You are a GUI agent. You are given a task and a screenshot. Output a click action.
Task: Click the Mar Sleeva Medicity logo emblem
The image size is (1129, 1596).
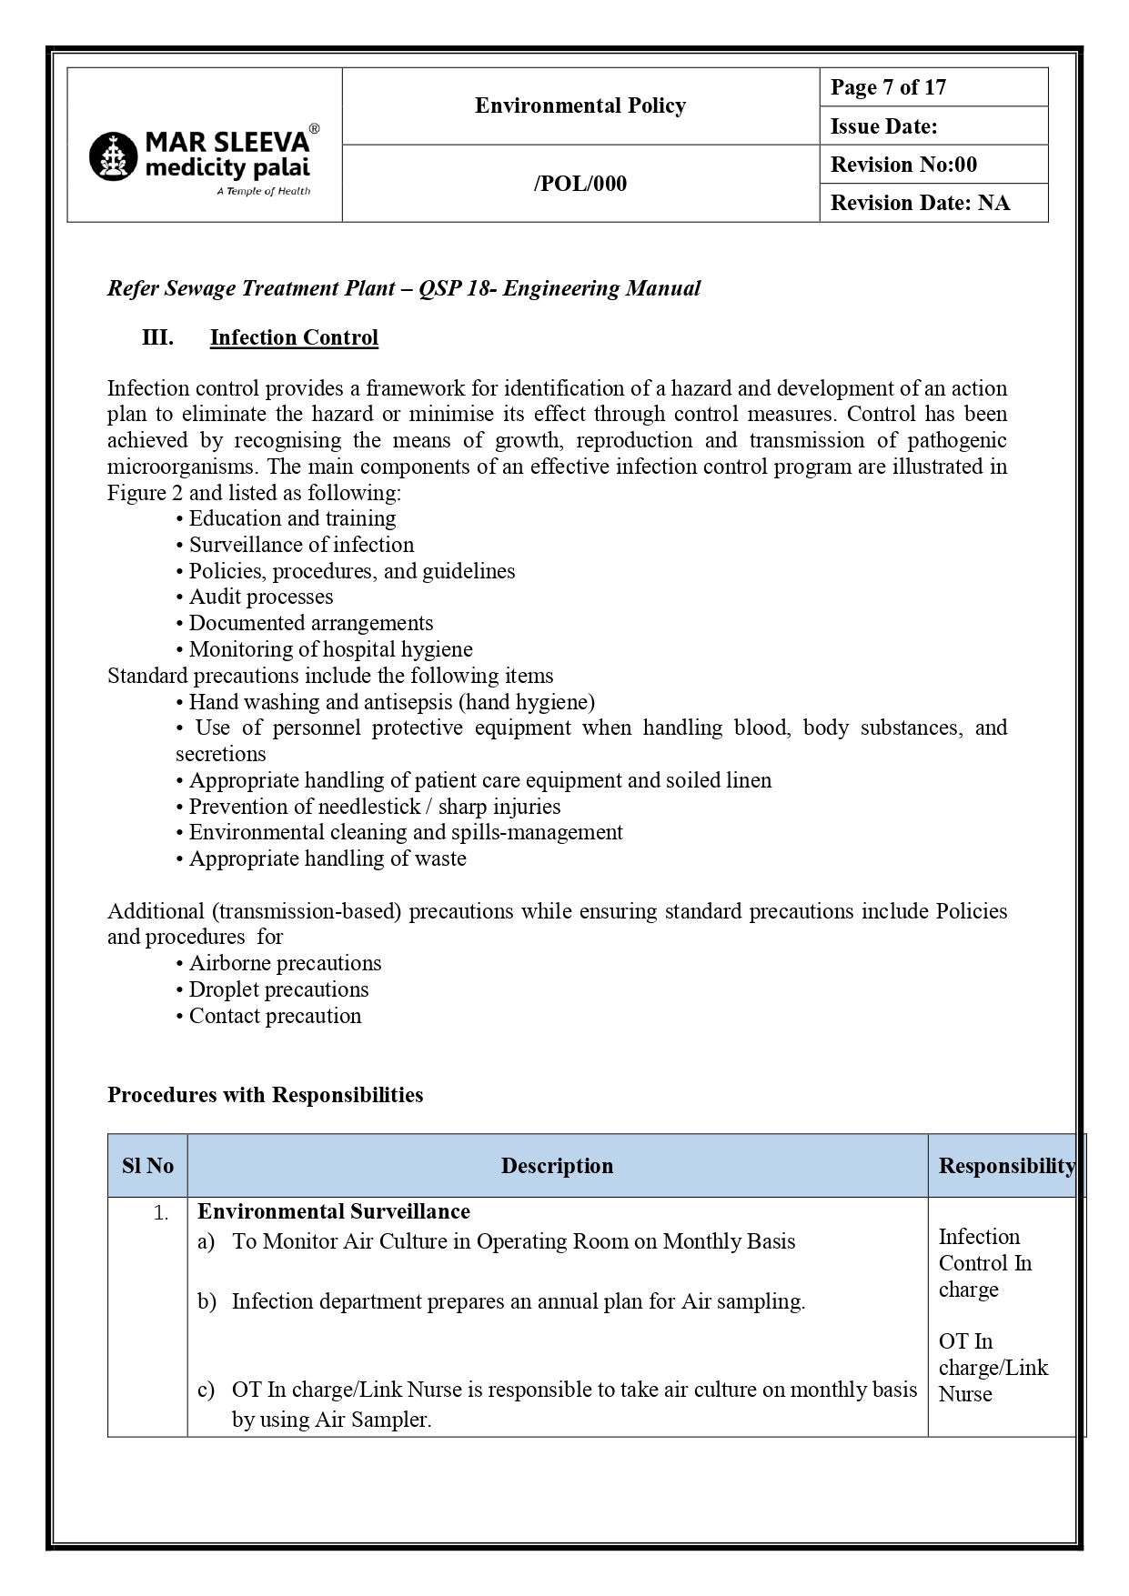click(112, 156)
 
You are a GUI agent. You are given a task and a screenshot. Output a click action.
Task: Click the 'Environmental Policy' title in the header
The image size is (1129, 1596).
click(580, 106)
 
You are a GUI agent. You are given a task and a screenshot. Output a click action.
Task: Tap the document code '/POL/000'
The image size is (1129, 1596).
click(580, 184)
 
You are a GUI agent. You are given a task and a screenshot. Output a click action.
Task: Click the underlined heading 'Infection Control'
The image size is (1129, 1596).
click(294, 337)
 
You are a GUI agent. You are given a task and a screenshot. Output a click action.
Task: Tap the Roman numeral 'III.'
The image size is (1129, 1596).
click(157, 337)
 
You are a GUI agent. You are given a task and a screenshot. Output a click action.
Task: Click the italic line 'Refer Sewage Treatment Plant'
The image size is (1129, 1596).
click(403, 288)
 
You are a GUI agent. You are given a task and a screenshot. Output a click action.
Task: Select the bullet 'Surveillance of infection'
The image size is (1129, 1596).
click(300, 545)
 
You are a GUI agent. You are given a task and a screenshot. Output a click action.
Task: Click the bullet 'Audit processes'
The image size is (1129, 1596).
click(260, 597)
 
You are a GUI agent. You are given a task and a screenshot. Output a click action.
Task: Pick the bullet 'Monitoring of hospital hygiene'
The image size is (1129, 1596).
click(330, 649)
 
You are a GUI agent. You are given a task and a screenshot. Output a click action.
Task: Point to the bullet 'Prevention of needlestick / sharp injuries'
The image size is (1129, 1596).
click(374, 807)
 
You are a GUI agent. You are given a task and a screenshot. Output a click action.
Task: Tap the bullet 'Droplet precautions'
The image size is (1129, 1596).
click(278, 989)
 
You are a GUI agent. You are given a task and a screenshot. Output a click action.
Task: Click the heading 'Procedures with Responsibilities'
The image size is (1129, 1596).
click(265, 1095)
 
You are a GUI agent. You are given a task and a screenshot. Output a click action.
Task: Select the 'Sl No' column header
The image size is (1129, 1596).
click(147, 1166)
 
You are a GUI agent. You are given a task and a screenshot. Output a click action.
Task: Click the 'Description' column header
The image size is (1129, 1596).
click(557, 1166)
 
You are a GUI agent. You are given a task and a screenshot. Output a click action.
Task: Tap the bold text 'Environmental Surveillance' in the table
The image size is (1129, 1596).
click(333, 1211)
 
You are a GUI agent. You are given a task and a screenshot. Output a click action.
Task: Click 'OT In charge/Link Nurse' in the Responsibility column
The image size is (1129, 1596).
click(992, 1368)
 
